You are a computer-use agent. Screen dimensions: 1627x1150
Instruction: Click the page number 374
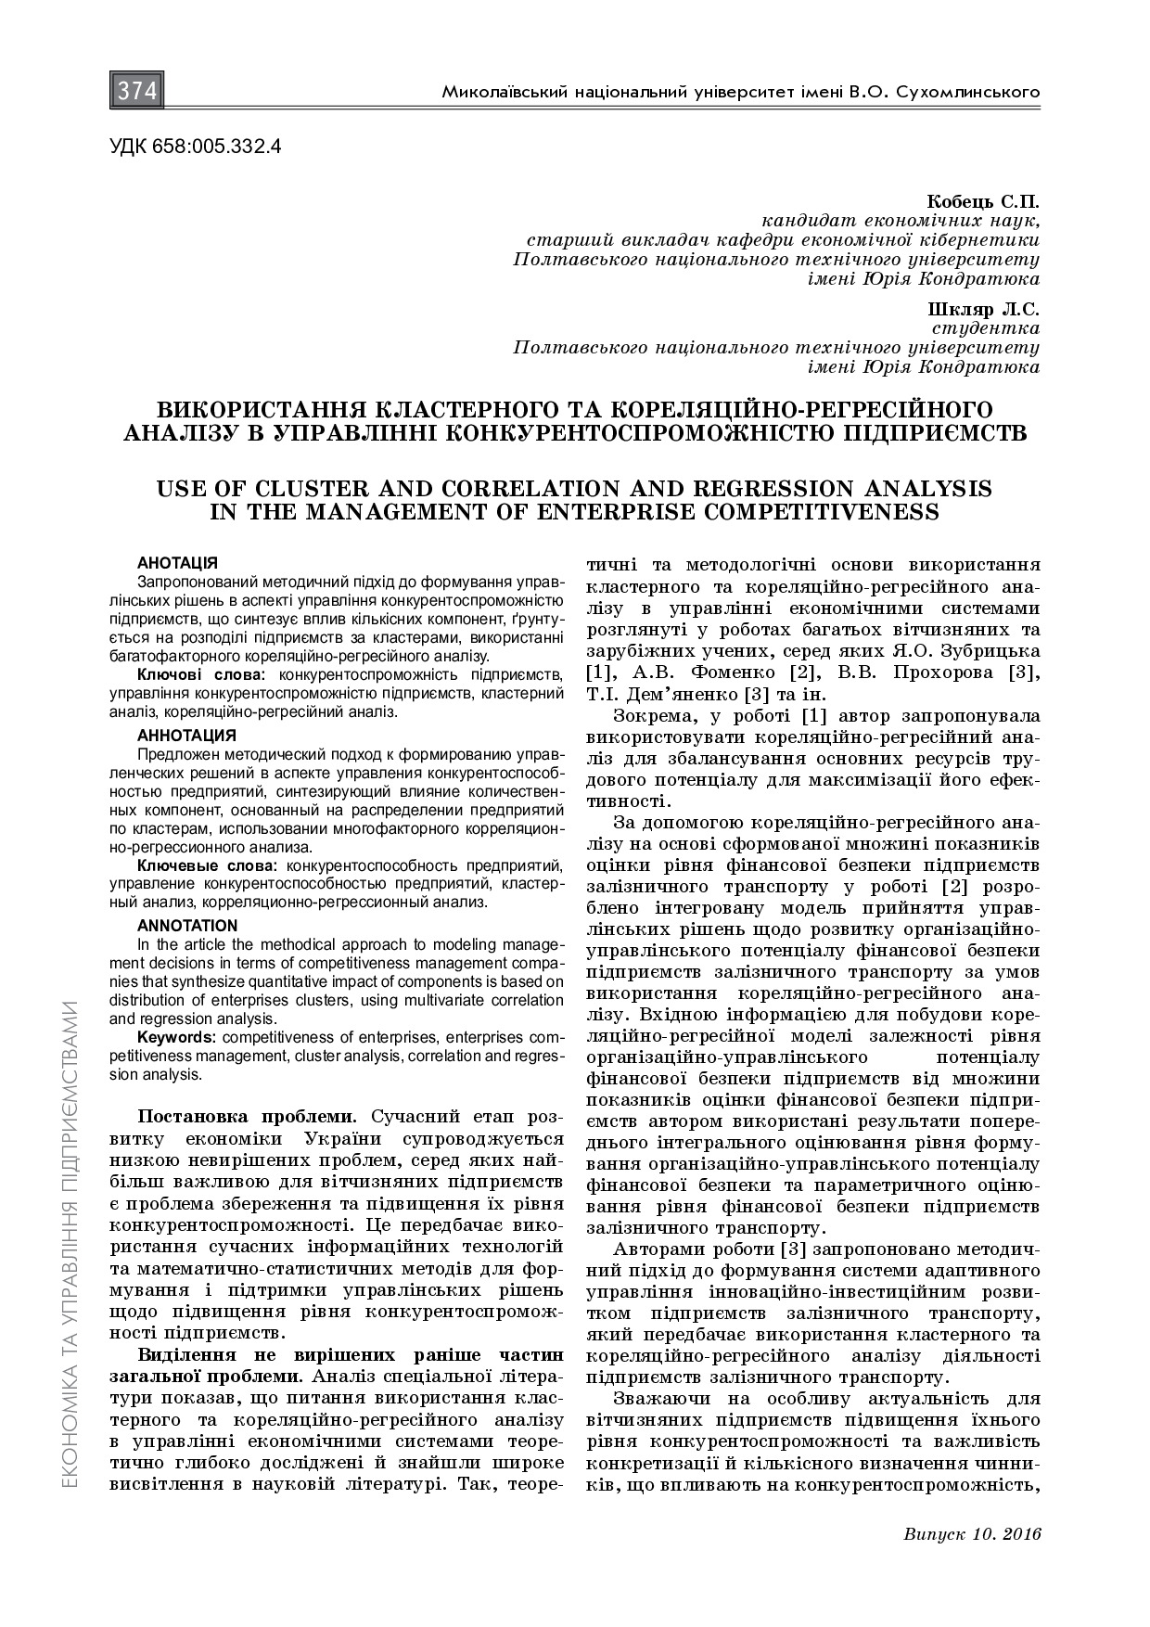tap(137, 92)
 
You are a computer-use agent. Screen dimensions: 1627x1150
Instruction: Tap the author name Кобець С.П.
tap(982, 201)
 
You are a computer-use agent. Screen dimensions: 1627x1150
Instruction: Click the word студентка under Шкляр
tap(984, 328)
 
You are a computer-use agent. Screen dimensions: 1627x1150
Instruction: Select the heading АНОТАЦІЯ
tap(177, 563)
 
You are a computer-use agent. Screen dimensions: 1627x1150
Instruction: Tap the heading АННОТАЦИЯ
tap(186, 736)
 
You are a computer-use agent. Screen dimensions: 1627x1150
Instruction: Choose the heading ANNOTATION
tap(187, 925)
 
